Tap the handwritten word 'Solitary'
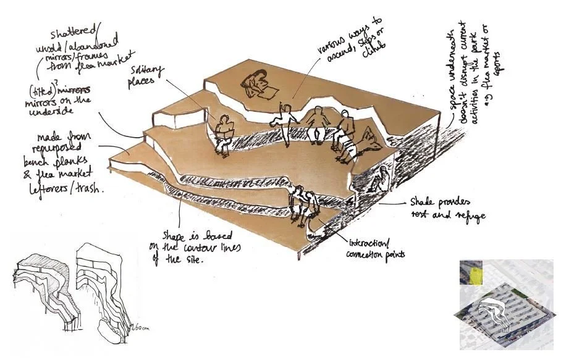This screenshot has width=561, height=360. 146,72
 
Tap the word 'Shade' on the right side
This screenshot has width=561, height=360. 423,203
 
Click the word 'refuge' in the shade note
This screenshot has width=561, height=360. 469,216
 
